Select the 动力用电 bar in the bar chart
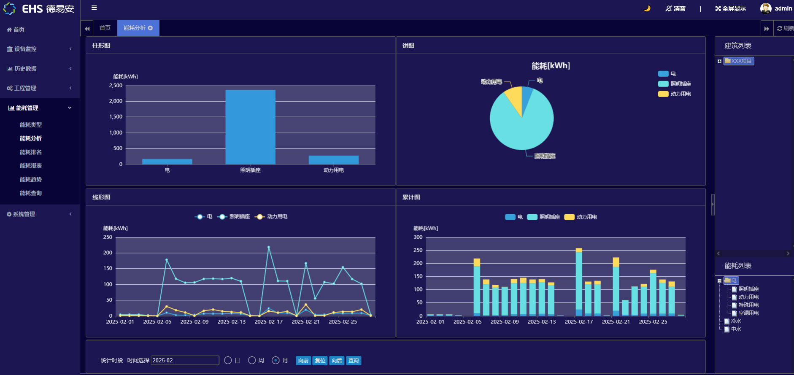tap(333, 160)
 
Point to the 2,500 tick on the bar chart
tap(116, 86)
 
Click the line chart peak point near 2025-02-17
tap(269, 247)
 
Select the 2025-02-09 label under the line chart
tap(194, 322)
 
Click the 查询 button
tap(354, 361)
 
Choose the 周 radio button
tap(252, 360)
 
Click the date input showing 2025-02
tap(185, 360)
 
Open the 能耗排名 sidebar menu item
tap(31, 152)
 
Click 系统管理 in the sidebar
tap(24, 214)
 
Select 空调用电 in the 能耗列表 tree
tap(748, 313)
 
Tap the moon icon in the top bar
tap(647, 8)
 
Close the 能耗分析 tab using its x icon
tap(150, 28)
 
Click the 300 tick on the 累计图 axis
tap(418, 237)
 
